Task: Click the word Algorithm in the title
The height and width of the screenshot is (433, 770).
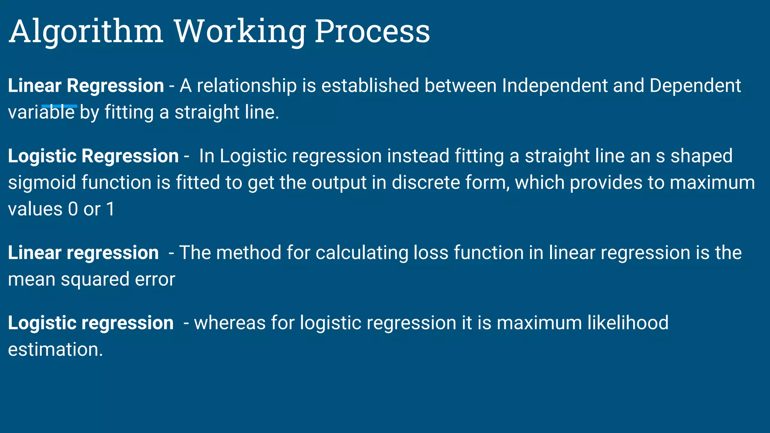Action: (86, 32)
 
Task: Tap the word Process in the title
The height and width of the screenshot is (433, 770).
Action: (372, 32)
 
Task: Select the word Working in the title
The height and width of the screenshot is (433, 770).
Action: (239, 32)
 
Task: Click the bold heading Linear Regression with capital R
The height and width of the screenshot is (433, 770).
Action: (86, 86)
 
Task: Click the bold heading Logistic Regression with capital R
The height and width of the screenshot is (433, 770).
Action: (93, 156)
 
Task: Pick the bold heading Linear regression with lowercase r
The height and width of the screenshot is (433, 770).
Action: (83, 253)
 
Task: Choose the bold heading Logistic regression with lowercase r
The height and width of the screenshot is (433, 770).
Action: (91, 323)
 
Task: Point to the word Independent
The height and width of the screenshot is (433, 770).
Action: (555, 86)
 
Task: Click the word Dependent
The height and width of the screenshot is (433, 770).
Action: (695, 86)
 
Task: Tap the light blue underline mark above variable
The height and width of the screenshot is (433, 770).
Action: (59, 106)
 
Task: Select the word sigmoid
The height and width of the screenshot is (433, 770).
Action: (42, 183)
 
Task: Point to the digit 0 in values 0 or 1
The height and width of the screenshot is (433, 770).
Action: (73, 209)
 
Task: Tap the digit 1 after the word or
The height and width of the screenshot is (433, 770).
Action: (111, 209)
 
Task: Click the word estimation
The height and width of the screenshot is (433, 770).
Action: (55, 350)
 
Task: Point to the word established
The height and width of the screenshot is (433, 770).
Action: (370, 86)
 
